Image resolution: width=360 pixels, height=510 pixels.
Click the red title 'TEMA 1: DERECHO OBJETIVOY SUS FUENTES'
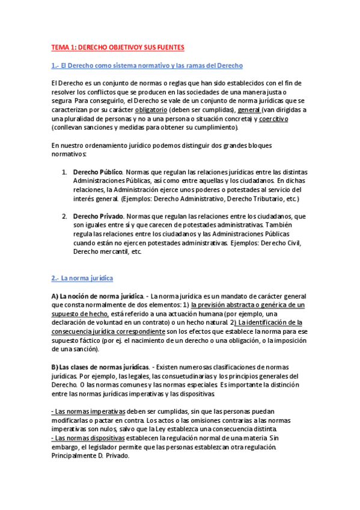[118, 47]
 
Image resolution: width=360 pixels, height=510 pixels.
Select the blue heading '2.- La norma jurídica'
[82, 278]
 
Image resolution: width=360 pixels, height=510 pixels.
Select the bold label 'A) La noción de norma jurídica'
[97, 296]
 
